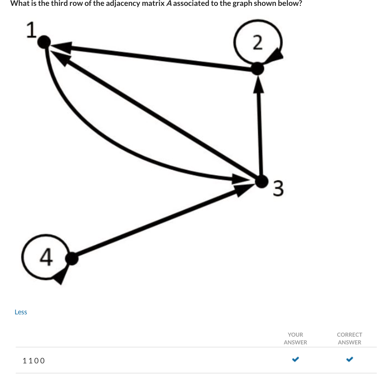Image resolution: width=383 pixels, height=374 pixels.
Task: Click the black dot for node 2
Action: [258, 68]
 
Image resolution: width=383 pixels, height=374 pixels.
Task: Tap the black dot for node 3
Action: [261, 181]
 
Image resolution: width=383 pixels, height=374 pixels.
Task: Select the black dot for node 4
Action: [72, 259]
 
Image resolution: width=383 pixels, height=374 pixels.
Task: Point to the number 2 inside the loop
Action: [258, 43]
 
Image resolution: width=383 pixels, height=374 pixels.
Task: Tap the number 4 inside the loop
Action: [45, 257]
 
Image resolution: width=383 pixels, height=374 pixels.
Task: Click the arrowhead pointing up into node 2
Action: [259, 83]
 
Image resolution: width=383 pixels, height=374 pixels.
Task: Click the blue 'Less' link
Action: [21, 312]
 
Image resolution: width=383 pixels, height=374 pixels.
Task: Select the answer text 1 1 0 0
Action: [34, 360]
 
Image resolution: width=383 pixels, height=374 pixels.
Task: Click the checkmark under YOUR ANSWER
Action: [295, 359]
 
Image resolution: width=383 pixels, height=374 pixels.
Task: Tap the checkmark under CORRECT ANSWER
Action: [349, 359]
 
